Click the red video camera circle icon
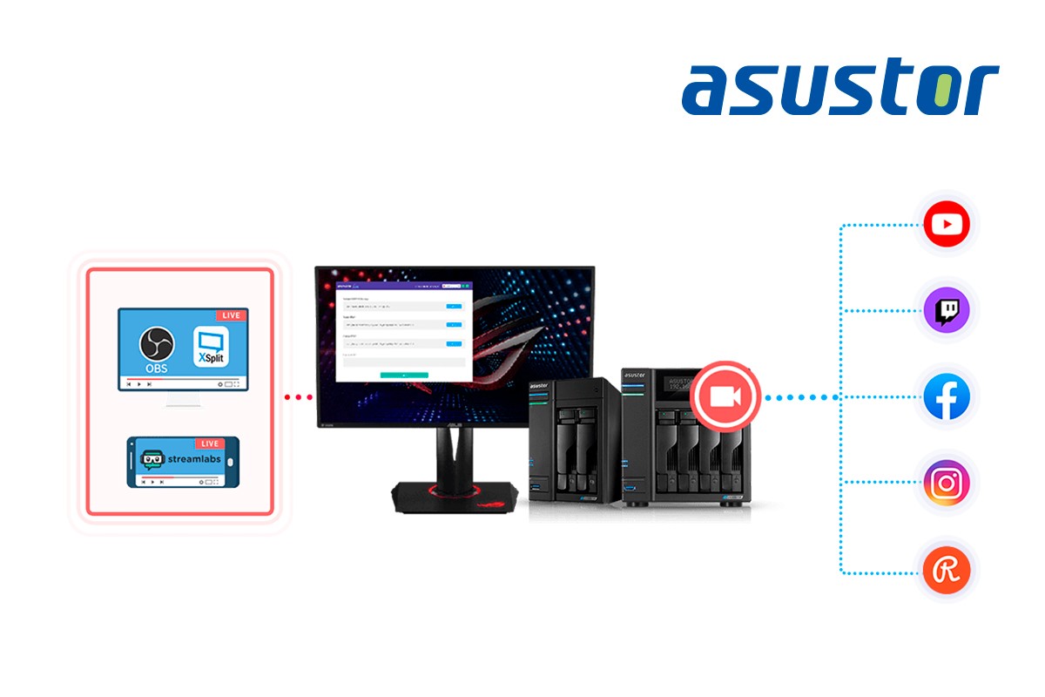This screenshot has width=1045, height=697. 725,396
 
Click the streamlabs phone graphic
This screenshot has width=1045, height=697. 182,462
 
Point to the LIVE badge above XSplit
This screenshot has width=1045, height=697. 230,315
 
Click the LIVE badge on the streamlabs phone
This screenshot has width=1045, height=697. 208,443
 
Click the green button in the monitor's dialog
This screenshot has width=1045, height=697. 404,375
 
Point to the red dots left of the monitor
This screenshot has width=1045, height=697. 298,397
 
